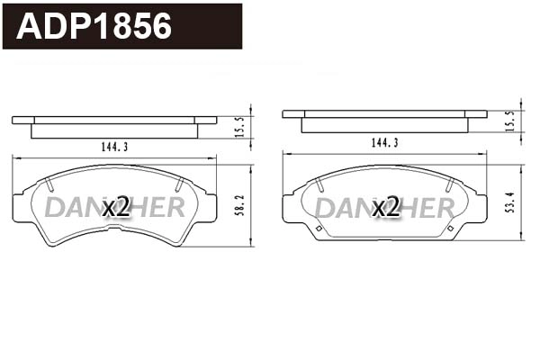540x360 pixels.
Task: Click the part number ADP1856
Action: point(94,26)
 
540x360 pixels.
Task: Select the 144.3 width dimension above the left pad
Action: point(114,147)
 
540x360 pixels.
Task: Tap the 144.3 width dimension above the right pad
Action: point(385,143)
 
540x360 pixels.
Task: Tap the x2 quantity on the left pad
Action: point(116,208)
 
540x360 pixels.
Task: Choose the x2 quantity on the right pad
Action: point(385,208)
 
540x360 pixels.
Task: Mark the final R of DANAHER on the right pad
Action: point(445,208)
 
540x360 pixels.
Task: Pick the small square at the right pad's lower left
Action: point(319,228)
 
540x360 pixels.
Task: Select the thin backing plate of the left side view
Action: point(114,120)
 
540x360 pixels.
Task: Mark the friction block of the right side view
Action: point(384,125)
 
